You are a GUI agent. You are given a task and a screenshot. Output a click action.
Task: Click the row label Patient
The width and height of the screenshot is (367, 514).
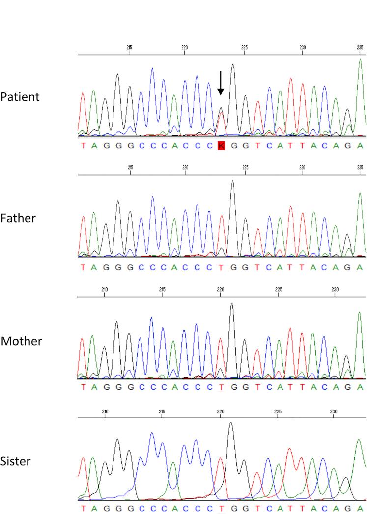tap(20, 97)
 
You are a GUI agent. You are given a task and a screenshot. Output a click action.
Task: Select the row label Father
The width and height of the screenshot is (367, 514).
tap(18, 218)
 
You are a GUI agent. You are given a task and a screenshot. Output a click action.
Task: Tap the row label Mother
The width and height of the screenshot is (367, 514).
tap(21, 341)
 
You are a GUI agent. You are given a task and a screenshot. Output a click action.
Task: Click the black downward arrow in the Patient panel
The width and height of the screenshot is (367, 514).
tap(221, 83)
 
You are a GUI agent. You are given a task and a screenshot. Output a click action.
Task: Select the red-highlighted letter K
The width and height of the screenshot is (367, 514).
tap(221, 145)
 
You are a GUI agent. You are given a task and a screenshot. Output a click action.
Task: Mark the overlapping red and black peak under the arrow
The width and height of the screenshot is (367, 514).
tap(221, 118)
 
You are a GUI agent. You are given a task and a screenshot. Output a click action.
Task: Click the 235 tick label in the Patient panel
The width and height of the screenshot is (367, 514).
tap(361, 47)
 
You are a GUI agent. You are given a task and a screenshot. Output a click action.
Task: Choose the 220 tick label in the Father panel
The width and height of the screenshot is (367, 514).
tap(185, 168)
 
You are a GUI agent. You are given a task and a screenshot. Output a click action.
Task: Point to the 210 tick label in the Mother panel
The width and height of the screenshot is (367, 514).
tap(105, 289)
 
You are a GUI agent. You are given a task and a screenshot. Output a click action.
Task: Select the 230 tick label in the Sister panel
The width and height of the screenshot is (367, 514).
tap(334, 410)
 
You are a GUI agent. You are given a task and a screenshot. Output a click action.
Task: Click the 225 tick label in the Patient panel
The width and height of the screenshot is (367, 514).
tap(245, 47)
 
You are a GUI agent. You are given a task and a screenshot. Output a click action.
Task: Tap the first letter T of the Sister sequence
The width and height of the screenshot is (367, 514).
tap(83, 508)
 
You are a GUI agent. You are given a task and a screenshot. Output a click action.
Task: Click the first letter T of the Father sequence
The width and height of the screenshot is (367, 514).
tap(83, 267)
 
